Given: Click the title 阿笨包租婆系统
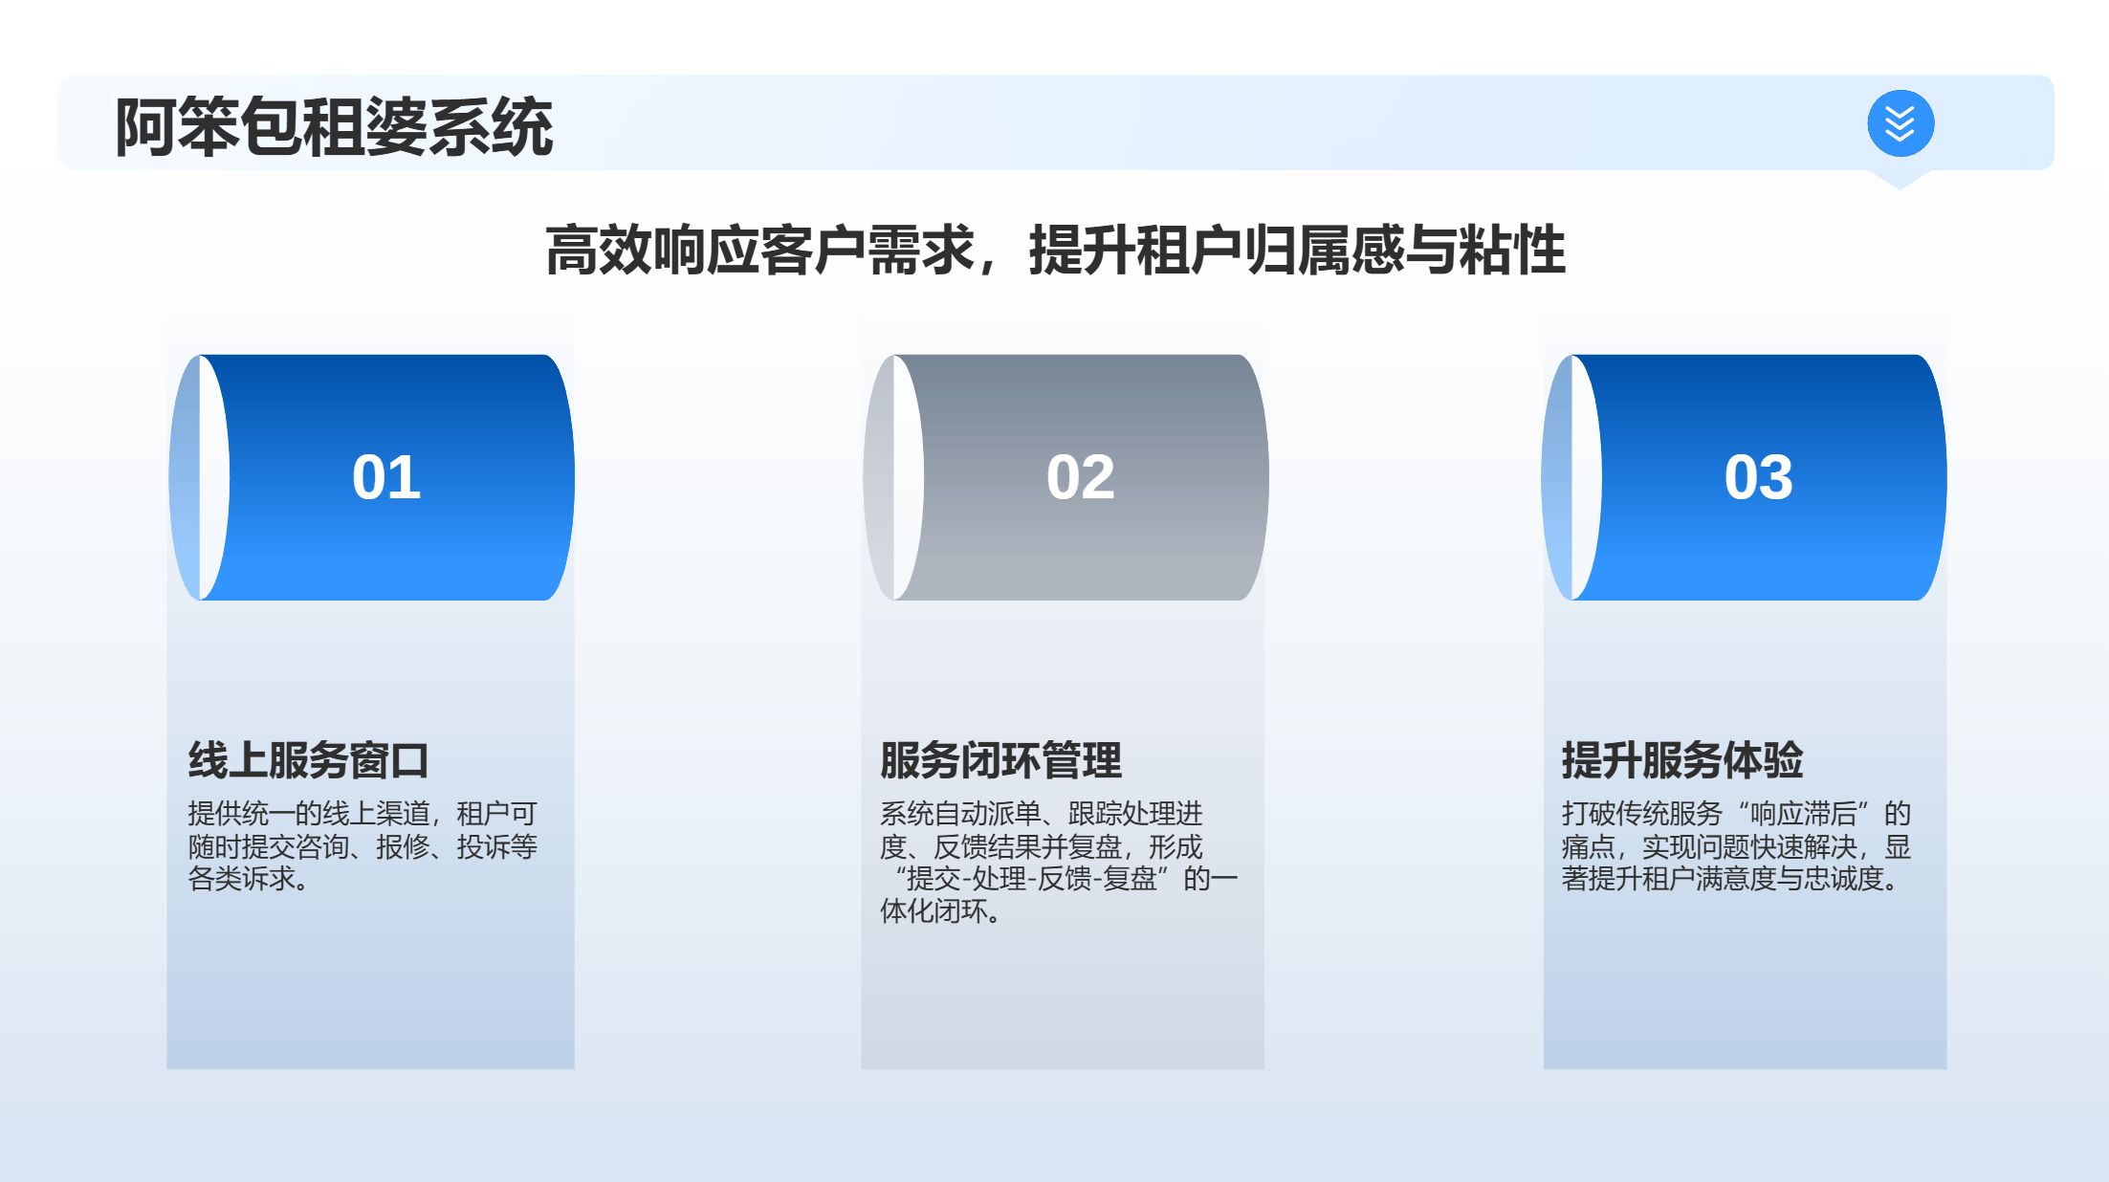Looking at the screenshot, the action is point(334,126).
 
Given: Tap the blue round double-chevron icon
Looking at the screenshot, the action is point(1900,123).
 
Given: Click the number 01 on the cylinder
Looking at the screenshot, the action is point(386,477).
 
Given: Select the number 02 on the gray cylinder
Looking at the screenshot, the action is point(1081,477).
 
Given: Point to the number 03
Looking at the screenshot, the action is point(1758,477).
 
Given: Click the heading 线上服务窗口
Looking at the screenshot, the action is point(308,760).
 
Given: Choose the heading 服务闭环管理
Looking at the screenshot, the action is point(1000,760).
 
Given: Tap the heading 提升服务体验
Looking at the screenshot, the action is point(1682,760).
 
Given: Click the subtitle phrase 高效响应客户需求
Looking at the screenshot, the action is point(759,251).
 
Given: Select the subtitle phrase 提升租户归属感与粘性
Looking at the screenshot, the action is point(1297,251).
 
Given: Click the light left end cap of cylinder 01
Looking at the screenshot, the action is point(199,477).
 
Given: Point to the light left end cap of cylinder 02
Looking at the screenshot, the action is point(893,477).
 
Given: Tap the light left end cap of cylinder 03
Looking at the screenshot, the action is point(1571,477).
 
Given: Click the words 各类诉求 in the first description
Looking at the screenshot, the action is point(242,878).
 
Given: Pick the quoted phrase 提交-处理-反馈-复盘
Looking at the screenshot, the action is point(1032,878).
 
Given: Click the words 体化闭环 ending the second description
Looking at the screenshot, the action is point(934,910).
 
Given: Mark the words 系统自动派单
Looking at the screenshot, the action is point(960,814).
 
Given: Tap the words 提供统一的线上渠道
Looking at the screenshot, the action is point(309,814).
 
